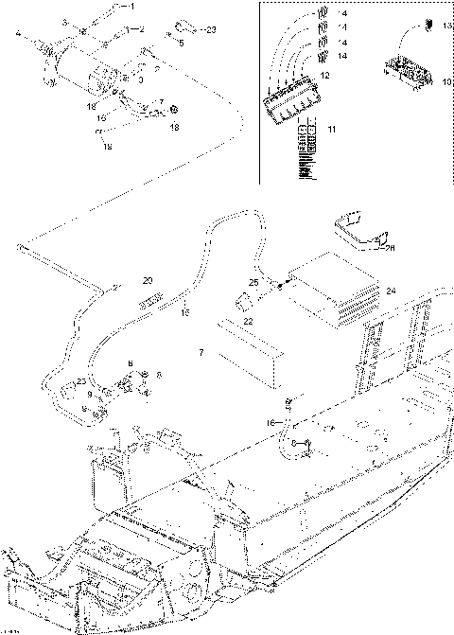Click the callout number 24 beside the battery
(393, 291)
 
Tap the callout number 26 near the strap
(391, 248)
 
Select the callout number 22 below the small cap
(249, 322)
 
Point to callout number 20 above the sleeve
(147, 280)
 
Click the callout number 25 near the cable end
(253, 282)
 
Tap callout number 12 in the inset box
(324, 75)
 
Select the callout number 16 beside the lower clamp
(271, 421)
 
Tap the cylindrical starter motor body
(66, 59)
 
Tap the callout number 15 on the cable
(185, 311)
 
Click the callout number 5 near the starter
(181, 43)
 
